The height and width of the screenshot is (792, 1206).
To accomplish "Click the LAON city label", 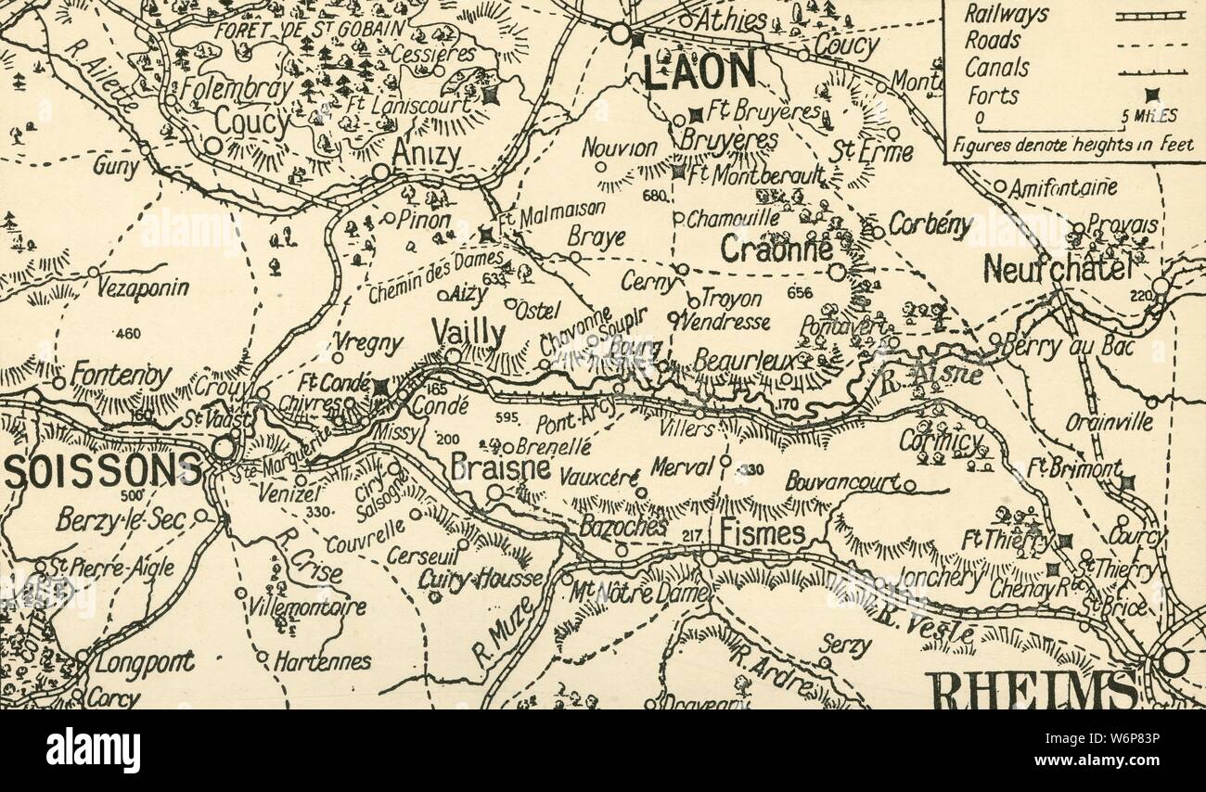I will pyautogui.click(x=700, y=70).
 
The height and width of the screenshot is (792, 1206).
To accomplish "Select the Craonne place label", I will pyautogui.click(x=776, y=249).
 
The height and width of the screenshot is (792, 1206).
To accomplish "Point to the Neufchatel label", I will pyautogui.click(x=1058, y=270).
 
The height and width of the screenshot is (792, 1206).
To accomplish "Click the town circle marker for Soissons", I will pyautogui.click(x=224, y=448).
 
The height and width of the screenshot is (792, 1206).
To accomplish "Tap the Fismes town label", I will pyautogui.click(x=763, y=533).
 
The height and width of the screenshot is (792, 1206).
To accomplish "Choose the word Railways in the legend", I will pyautogui.click(x=1006, y=14).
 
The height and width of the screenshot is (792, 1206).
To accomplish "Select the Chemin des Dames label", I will pyautogui.click(x=435, y=276).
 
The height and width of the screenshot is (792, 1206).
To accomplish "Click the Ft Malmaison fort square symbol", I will pyautogui.click(x=485, y=235).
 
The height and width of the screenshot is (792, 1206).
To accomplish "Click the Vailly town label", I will pyautogui.click(x=468, y=334).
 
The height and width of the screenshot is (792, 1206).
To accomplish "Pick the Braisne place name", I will pyautogui.click(x=500, y=467).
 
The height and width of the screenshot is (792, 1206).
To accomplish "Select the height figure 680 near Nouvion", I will pyautogui.click(x=654, y=196).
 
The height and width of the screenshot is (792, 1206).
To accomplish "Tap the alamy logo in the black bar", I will pyautogui.click(x=93, y=749).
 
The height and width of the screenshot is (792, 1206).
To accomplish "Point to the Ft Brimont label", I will pyautogui.click(x=1073, y=468).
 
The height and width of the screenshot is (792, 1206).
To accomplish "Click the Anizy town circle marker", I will pyautogui.click(x=380, y=172).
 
